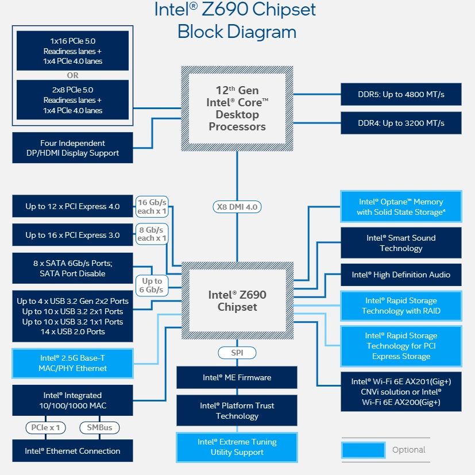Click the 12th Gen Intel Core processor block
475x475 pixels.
click(x=237, y=108)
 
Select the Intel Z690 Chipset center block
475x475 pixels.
click(x=237, y=300)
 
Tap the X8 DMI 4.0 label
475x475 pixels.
click(x=237, y=206)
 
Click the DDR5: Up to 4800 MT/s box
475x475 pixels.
click(x=401, y=94)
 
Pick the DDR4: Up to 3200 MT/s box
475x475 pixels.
click(x=401, y=123)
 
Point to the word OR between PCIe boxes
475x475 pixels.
click(x=73, y=75)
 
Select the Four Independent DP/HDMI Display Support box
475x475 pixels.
click(x=73, y=148)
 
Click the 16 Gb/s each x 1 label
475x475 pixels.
click(x=152, y=206)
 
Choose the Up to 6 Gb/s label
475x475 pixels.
click(x=152, y=285)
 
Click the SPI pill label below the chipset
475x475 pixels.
click(x=237, y=353)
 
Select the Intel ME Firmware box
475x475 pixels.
click(x=237, y=377)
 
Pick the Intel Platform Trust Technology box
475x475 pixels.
click(x=237, y=411)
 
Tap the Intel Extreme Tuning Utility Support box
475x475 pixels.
click(x=237, y=447)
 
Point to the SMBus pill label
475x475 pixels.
click(x=99, y=427)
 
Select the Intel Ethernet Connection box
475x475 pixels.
click(x=73, y=451)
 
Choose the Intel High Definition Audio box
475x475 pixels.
click(x=401, y=275)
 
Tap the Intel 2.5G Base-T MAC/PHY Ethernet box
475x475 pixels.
click(x=73, y=363)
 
